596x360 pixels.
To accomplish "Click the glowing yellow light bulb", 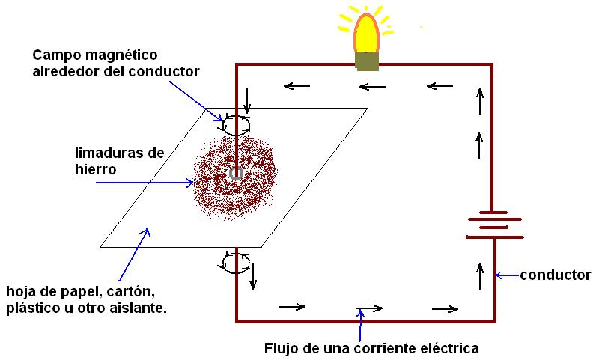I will [x=366, y=34].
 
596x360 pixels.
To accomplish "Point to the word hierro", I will [x=95, y=170].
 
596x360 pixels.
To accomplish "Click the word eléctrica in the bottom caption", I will [x=446, y=348].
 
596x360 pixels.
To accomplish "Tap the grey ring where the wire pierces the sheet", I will [x=236, y=174].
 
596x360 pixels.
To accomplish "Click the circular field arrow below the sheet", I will [x=236, y=263].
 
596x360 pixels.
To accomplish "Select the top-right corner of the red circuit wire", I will [x=492, y=65].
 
